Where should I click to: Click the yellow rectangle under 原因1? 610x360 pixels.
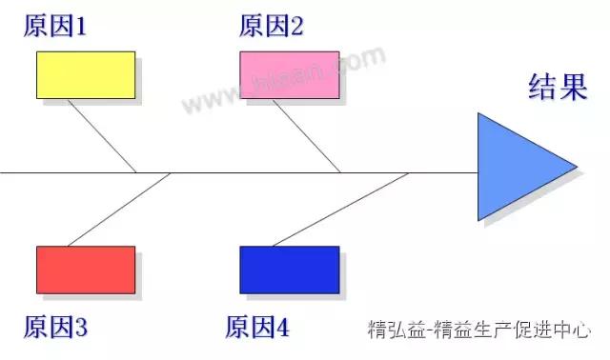(x=86, y=75)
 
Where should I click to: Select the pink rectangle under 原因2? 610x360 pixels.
(x=289, y=75)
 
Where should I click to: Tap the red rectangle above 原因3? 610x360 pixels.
(x=86, y=270)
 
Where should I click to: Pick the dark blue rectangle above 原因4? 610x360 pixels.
(x=289, y=270)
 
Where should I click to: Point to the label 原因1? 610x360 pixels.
(x=55, y=26)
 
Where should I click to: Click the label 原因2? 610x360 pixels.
(x=272, y=26)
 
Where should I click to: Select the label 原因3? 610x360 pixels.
(x=55, y=329)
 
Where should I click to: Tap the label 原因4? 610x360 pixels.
(x=257, y=329)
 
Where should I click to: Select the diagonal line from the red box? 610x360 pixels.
(x=119, y=210)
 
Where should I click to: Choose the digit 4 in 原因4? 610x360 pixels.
(x=282, y=330)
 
